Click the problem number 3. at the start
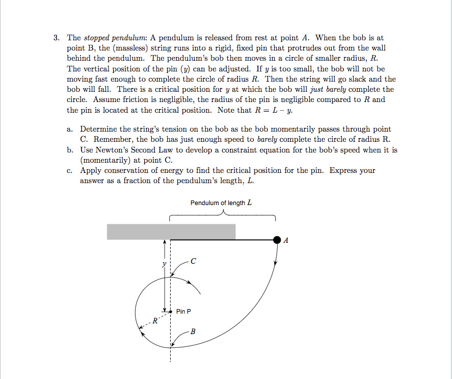(58, 38)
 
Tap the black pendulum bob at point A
(277, 239)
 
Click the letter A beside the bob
(286, 240)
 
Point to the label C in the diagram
(193, 261)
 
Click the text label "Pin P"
(183, 311)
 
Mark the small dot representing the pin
(170, 311)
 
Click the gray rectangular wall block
(171, 231)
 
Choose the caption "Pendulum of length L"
(221, 203)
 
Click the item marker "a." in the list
(70, 130)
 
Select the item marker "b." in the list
(70, 150)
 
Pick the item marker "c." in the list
(70, 170)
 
